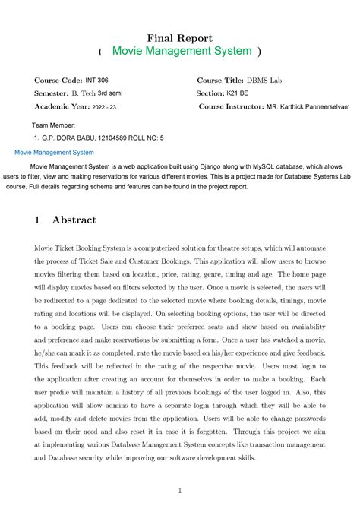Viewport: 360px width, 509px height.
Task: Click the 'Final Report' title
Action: click(x=179, y=37)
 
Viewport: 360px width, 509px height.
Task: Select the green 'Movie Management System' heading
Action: click(x=181, y=51)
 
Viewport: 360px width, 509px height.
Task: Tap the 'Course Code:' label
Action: click(x=58, y=80)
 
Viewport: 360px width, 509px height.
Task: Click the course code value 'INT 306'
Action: click(x=97, y=80)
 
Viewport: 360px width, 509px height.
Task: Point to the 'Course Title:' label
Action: click(x=220, y=80)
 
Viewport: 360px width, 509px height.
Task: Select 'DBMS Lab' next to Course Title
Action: click(x=265, y=80)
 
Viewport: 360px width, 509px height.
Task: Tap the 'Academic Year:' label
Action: click(x=62, y=106)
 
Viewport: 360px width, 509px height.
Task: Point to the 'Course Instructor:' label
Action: click(x=231, y=106)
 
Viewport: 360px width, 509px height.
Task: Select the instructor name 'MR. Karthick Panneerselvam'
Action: click(x=308, y=107)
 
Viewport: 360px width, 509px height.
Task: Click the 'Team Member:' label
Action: click(x=53, y=124)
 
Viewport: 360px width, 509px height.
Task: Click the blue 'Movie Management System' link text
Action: click(x=55, y=152)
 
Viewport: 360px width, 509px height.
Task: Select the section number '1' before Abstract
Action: click(x=36, y=220)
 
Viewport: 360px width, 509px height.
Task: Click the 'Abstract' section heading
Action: click(x=74, y=220)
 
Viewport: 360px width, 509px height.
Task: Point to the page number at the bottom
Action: click(x=179, y=490)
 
